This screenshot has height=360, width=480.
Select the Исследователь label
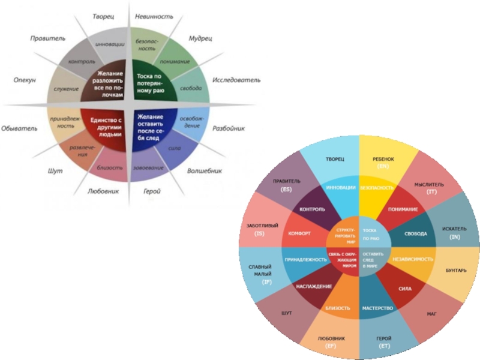[236, 79]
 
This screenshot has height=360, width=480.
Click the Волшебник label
[204, 170]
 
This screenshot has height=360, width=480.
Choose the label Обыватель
[19, 128]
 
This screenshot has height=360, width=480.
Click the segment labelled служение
[66, 89]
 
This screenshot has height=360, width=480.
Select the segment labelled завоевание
[148, 167]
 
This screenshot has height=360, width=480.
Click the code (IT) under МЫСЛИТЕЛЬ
[431, 191]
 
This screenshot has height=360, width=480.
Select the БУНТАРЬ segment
[456, 271]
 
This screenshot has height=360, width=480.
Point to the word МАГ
[431, 313]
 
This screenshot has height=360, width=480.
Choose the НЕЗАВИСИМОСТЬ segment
[413, 259]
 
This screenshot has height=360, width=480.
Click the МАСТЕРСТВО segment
[377, 308]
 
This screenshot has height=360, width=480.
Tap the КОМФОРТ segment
[299, 233]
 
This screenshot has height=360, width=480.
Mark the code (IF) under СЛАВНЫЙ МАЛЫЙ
[267, 281]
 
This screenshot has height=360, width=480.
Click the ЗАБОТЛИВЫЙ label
[262, 225]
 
